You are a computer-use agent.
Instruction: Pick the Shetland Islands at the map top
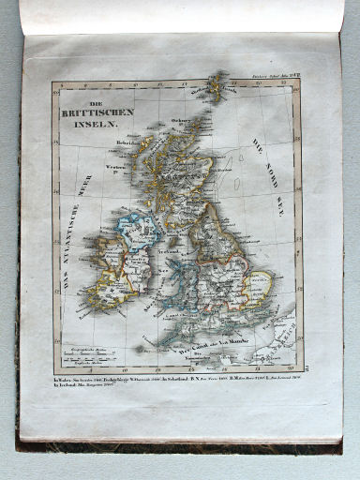pyautogui.click(x=217, y=86)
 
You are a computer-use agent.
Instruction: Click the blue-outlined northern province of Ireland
pyautogui.click(x=135, y=231)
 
